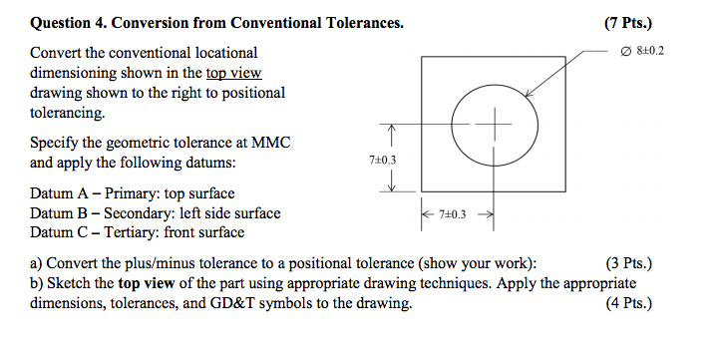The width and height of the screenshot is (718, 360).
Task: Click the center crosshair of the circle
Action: click(493, 125)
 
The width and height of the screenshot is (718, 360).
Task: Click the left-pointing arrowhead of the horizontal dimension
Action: click(424, 213)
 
